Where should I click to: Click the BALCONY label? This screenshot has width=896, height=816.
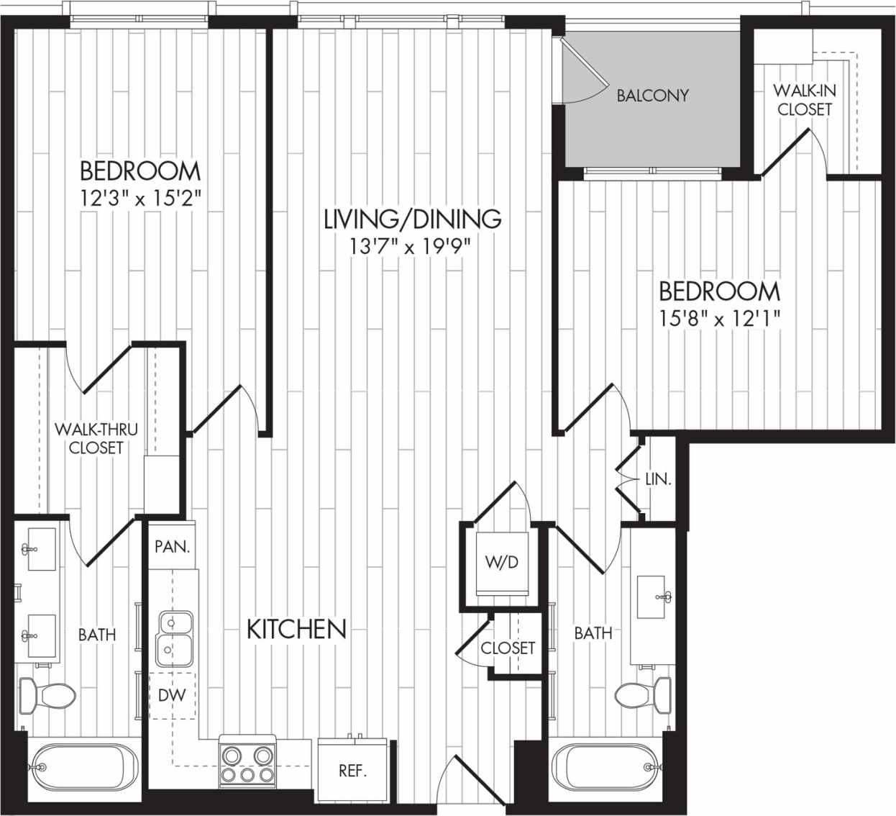(x=652, y=95)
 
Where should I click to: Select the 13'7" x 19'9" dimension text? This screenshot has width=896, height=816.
(x=412, y=248)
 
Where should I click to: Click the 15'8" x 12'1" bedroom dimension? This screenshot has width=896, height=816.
(x=720, y=317)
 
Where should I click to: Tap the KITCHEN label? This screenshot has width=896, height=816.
(x=296, y=629)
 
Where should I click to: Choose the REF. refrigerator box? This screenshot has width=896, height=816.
(x=352, y=771)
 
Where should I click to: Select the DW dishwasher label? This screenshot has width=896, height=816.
(x=172, y=695)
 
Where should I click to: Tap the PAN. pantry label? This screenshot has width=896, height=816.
(x=173, y=546)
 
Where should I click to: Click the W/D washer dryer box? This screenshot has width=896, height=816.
(x=502, y=563)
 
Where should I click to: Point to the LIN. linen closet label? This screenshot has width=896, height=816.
(x=658, y=479)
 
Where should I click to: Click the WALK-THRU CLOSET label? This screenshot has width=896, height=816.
(x=96, y=438)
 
